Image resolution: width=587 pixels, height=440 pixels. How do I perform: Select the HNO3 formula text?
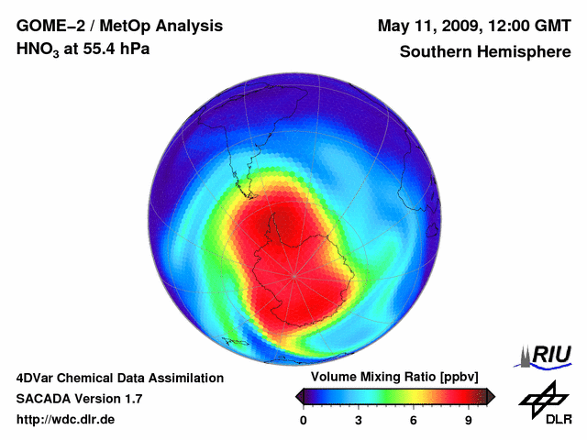(38, 49)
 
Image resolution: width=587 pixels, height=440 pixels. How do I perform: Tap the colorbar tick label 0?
(304, 421)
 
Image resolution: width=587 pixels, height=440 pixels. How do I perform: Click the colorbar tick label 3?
(359, 421)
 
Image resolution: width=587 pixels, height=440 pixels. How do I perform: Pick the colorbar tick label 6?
(414, 421)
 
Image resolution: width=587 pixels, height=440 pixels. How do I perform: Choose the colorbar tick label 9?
(468, 421)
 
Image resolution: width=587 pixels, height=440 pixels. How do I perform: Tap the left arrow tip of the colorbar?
(298, 396)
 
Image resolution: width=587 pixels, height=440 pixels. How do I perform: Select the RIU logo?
(547, 356)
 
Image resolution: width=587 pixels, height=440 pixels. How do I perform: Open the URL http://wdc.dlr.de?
(66, 420)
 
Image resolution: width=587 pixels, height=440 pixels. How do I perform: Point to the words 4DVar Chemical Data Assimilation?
(119, 378)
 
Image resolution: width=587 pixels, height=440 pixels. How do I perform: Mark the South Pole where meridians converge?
(295, 275)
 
